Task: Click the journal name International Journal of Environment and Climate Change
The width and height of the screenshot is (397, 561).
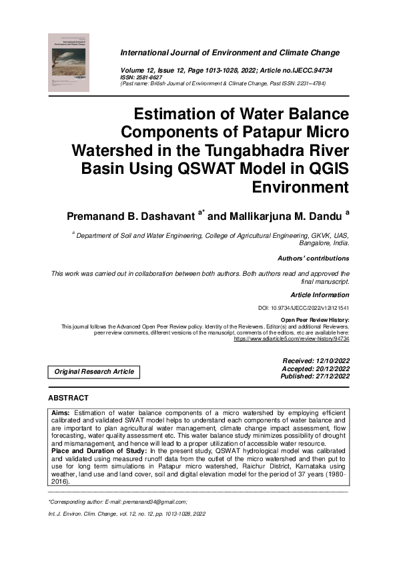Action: [x=230, y=53]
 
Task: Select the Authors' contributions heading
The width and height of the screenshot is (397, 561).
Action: [x=313, y=258]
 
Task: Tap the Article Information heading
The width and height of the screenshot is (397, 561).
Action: [x=320, y=294]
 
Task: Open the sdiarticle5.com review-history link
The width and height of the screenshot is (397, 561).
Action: [x=292, y=338]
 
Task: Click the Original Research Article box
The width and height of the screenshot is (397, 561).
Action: [x=94, y=372]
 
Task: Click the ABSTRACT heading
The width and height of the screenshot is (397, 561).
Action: [x=68, y=398]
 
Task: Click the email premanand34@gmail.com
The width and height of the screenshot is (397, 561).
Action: [x=154, y=500]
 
